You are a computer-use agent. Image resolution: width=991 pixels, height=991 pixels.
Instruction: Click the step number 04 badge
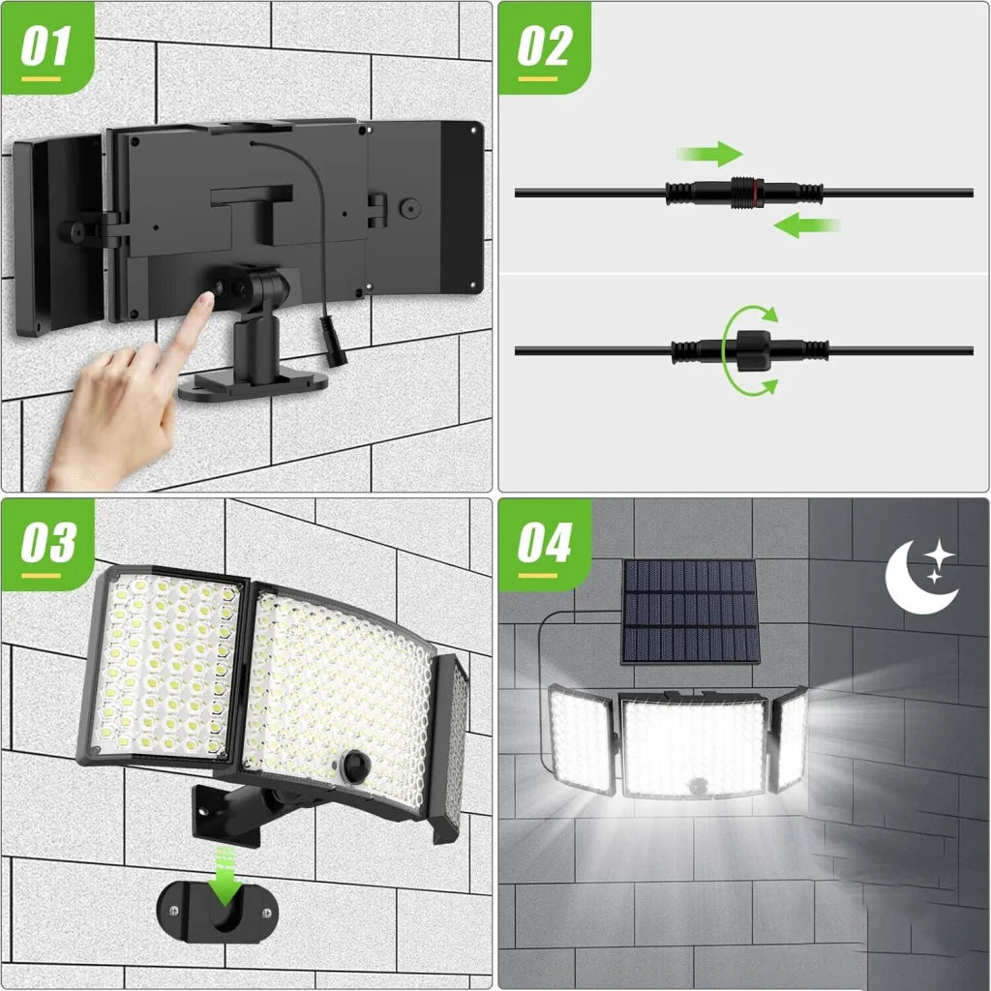[544, 545]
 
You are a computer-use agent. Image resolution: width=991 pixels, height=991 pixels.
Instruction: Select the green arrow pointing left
[806, 226]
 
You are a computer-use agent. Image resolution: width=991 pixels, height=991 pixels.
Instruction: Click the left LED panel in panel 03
[163, 668]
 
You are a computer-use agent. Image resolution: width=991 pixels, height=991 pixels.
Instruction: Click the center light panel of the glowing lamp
[692, 745]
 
